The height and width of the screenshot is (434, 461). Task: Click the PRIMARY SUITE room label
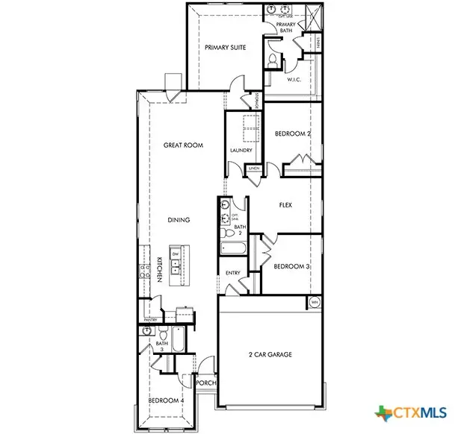226,46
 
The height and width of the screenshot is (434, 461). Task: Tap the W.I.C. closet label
293,80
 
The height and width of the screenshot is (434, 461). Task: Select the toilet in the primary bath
273,57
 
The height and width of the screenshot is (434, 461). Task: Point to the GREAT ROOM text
183,145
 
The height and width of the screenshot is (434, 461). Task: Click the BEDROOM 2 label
292,133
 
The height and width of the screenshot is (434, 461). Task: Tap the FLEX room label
285,204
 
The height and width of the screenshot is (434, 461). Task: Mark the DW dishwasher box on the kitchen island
175,254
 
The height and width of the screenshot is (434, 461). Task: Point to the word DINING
179,220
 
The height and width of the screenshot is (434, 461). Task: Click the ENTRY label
233,274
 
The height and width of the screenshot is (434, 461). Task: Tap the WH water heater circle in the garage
315,302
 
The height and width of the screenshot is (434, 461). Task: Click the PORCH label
205,383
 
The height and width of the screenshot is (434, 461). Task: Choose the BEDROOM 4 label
165,401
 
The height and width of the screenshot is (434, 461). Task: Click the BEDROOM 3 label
292,266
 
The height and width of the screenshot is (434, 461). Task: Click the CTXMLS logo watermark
416,412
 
